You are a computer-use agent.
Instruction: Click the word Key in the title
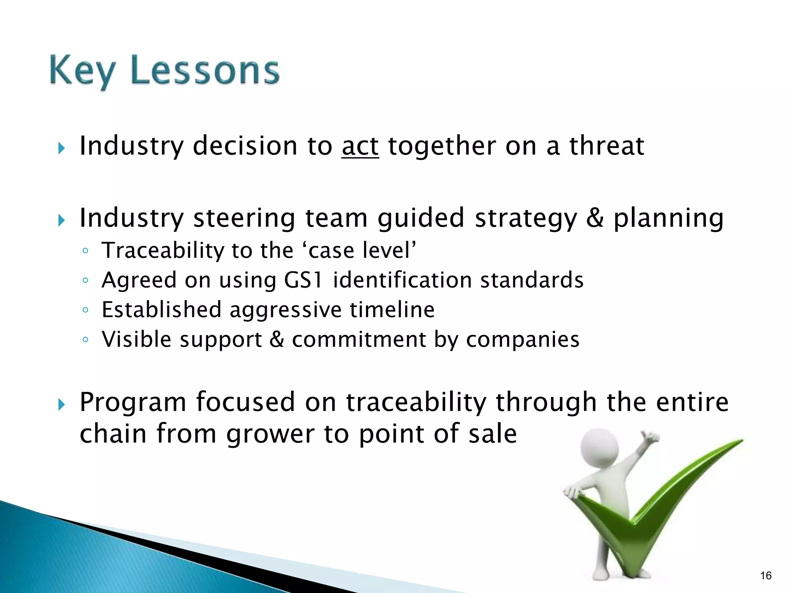[82, 71]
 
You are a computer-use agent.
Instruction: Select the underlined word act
[360, 147]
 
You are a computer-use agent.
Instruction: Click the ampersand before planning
[595, 218]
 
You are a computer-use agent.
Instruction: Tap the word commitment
[358, 340]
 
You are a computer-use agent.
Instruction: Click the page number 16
[766, 576]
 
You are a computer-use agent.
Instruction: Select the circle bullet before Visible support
[85, 340]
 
